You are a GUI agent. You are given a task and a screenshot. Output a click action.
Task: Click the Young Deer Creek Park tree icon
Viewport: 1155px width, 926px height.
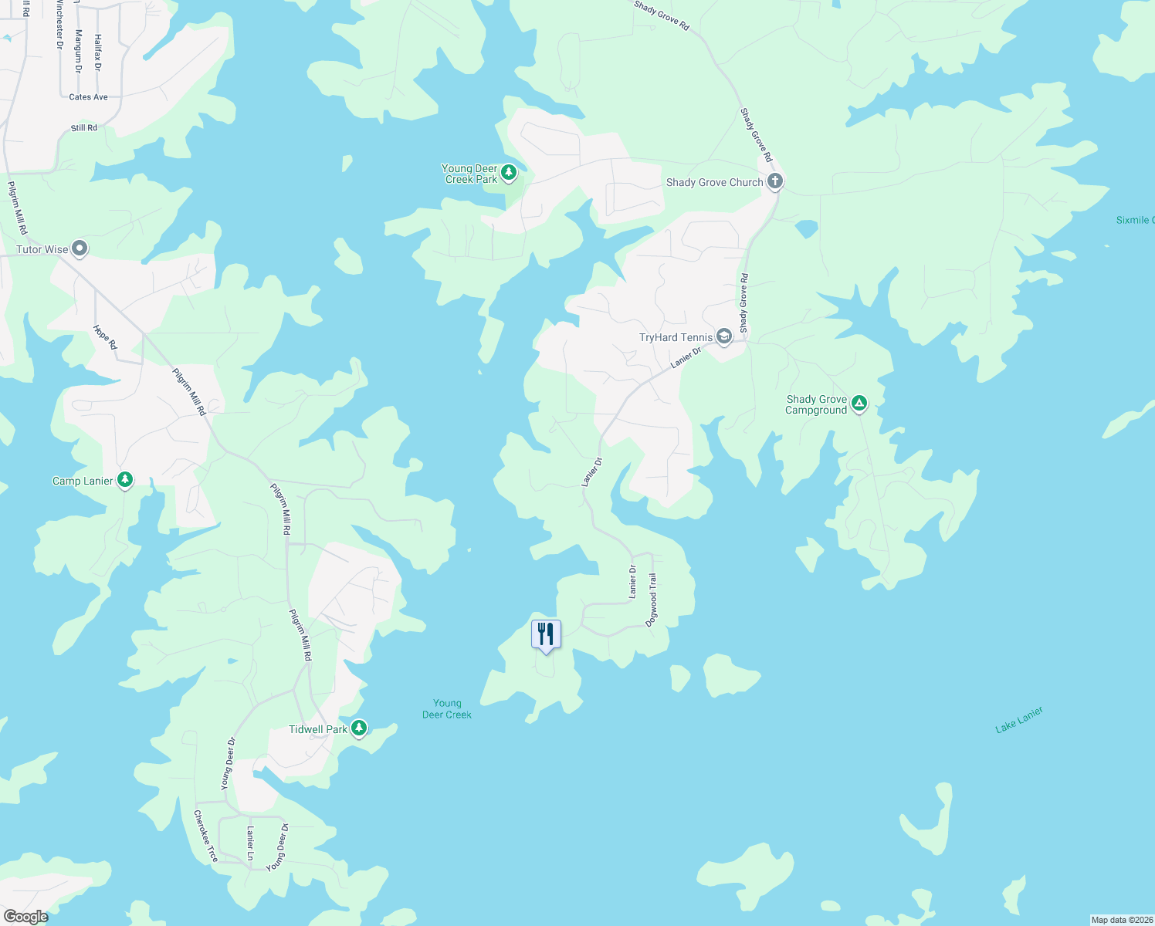coord(509,173)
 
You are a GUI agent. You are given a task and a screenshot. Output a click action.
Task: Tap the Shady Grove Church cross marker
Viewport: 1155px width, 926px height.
coord(775,182)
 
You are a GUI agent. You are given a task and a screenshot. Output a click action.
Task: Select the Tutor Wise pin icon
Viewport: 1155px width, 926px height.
coord(80,248)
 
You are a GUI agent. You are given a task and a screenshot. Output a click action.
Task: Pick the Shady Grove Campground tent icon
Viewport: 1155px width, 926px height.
coord(859,404)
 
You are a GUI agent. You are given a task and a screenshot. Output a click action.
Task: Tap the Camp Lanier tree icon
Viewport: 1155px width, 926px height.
coord(124,480)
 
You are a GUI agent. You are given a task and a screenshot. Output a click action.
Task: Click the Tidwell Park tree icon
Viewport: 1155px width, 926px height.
coord(358,728)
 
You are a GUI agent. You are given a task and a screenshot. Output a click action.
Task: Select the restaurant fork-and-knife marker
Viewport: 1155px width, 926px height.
coord(546,634)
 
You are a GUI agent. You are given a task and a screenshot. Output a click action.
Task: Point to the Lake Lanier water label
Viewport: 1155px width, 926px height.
coord(1019,719)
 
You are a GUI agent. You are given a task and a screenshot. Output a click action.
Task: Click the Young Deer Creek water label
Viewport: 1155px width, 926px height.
coord(447,709)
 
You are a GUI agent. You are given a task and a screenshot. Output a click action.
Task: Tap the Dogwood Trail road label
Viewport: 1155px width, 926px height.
coord(652,600)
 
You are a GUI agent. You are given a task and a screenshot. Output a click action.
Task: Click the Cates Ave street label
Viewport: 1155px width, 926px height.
coord(89,97)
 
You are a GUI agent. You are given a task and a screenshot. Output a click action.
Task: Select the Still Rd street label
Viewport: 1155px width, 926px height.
coord(84,128)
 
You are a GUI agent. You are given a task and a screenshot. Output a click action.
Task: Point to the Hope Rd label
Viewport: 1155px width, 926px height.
coord(105,337)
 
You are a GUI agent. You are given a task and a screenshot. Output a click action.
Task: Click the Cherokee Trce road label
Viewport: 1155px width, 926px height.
coord(205,836)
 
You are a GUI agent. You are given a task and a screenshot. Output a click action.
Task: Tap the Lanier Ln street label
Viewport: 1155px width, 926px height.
coord(250,843)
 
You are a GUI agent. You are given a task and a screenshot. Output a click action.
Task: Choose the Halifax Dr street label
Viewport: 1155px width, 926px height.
coord(97,52)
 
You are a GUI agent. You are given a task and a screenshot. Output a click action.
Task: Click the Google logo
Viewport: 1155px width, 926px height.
coord(25,917)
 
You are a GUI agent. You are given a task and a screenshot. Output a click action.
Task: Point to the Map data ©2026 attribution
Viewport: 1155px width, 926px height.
coord(1122,920)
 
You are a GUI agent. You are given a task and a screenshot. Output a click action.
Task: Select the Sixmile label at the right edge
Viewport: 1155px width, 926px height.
coord(1134,221)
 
